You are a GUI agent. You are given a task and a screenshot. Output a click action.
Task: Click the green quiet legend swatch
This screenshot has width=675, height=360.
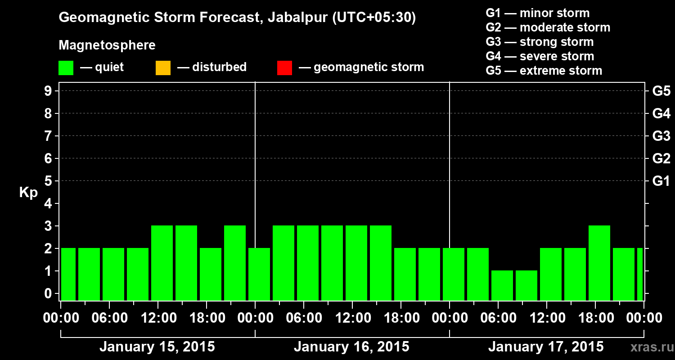66,67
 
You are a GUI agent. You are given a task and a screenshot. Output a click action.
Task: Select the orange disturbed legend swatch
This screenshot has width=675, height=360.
163,67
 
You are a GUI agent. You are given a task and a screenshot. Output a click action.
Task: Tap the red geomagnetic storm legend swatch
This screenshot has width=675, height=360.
284,67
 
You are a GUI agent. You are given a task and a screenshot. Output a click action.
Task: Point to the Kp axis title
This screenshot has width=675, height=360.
28,193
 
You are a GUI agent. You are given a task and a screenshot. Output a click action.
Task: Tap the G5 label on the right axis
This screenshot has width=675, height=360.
661,91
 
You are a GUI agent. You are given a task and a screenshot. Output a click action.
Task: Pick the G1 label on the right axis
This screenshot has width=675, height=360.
661,181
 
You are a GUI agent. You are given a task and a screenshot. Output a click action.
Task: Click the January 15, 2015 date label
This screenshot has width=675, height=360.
157,347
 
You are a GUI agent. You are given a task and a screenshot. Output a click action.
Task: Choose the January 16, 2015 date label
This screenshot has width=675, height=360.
351,347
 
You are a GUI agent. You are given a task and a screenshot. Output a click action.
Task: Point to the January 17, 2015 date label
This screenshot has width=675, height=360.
546,347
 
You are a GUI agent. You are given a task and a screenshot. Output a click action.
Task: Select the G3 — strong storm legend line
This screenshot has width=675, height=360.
540,42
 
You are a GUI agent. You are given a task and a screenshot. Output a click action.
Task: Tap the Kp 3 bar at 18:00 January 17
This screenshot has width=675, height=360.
599,263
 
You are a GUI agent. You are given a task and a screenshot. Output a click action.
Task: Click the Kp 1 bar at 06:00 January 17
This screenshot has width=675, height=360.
502,285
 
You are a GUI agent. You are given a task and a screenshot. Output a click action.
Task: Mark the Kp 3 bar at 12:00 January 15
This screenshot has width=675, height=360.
162,263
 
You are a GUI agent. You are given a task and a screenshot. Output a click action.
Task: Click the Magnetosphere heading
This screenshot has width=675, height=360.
107,45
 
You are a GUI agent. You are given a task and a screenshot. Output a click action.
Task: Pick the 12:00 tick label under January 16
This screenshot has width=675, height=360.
352,318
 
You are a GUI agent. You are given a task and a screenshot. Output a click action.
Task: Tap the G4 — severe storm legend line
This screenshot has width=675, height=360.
540,56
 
